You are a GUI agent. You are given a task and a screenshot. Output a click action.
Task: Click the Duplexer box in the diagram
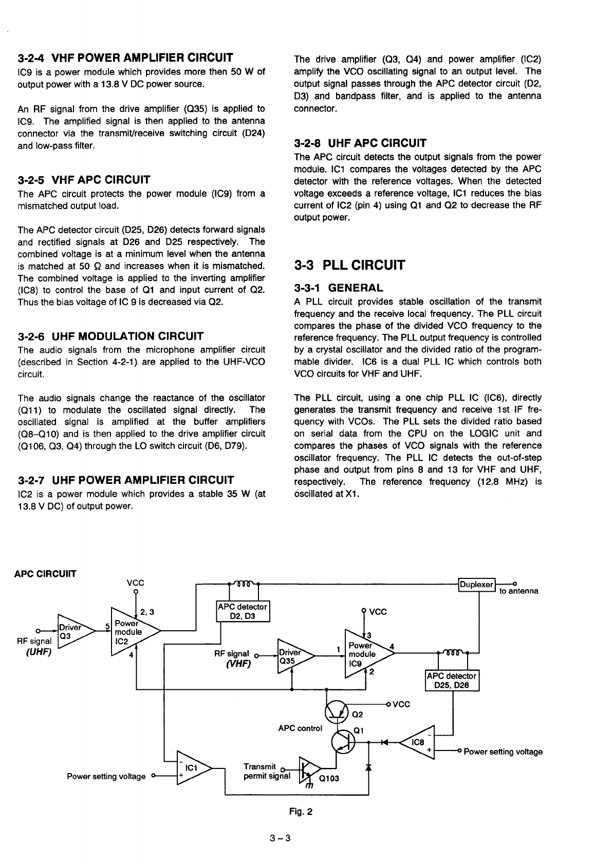tap(476, 585)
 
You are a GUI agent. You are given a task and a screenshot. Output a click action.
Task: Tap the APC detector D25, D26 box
tap(452, 680)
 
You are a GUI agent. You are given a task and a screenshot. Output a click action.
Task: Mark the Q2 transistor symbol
tap(338, 711)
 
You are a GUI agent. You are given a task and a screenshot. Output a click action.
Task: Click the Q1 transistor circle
tap(343, 741)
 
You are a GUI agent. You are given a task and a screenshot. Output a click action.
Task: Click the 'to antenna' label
tap(519, 591)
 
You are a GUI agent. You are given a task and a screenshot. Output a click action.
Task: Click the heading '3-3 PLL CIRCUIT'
tap(349, 266)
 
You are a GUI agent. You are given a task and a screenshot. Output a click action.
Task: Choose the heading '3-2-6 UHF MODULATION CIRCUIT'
tap(110, 336)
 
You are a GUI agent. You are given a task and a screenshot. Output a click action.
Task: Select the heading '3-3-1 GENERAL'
tap(338, 288)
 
